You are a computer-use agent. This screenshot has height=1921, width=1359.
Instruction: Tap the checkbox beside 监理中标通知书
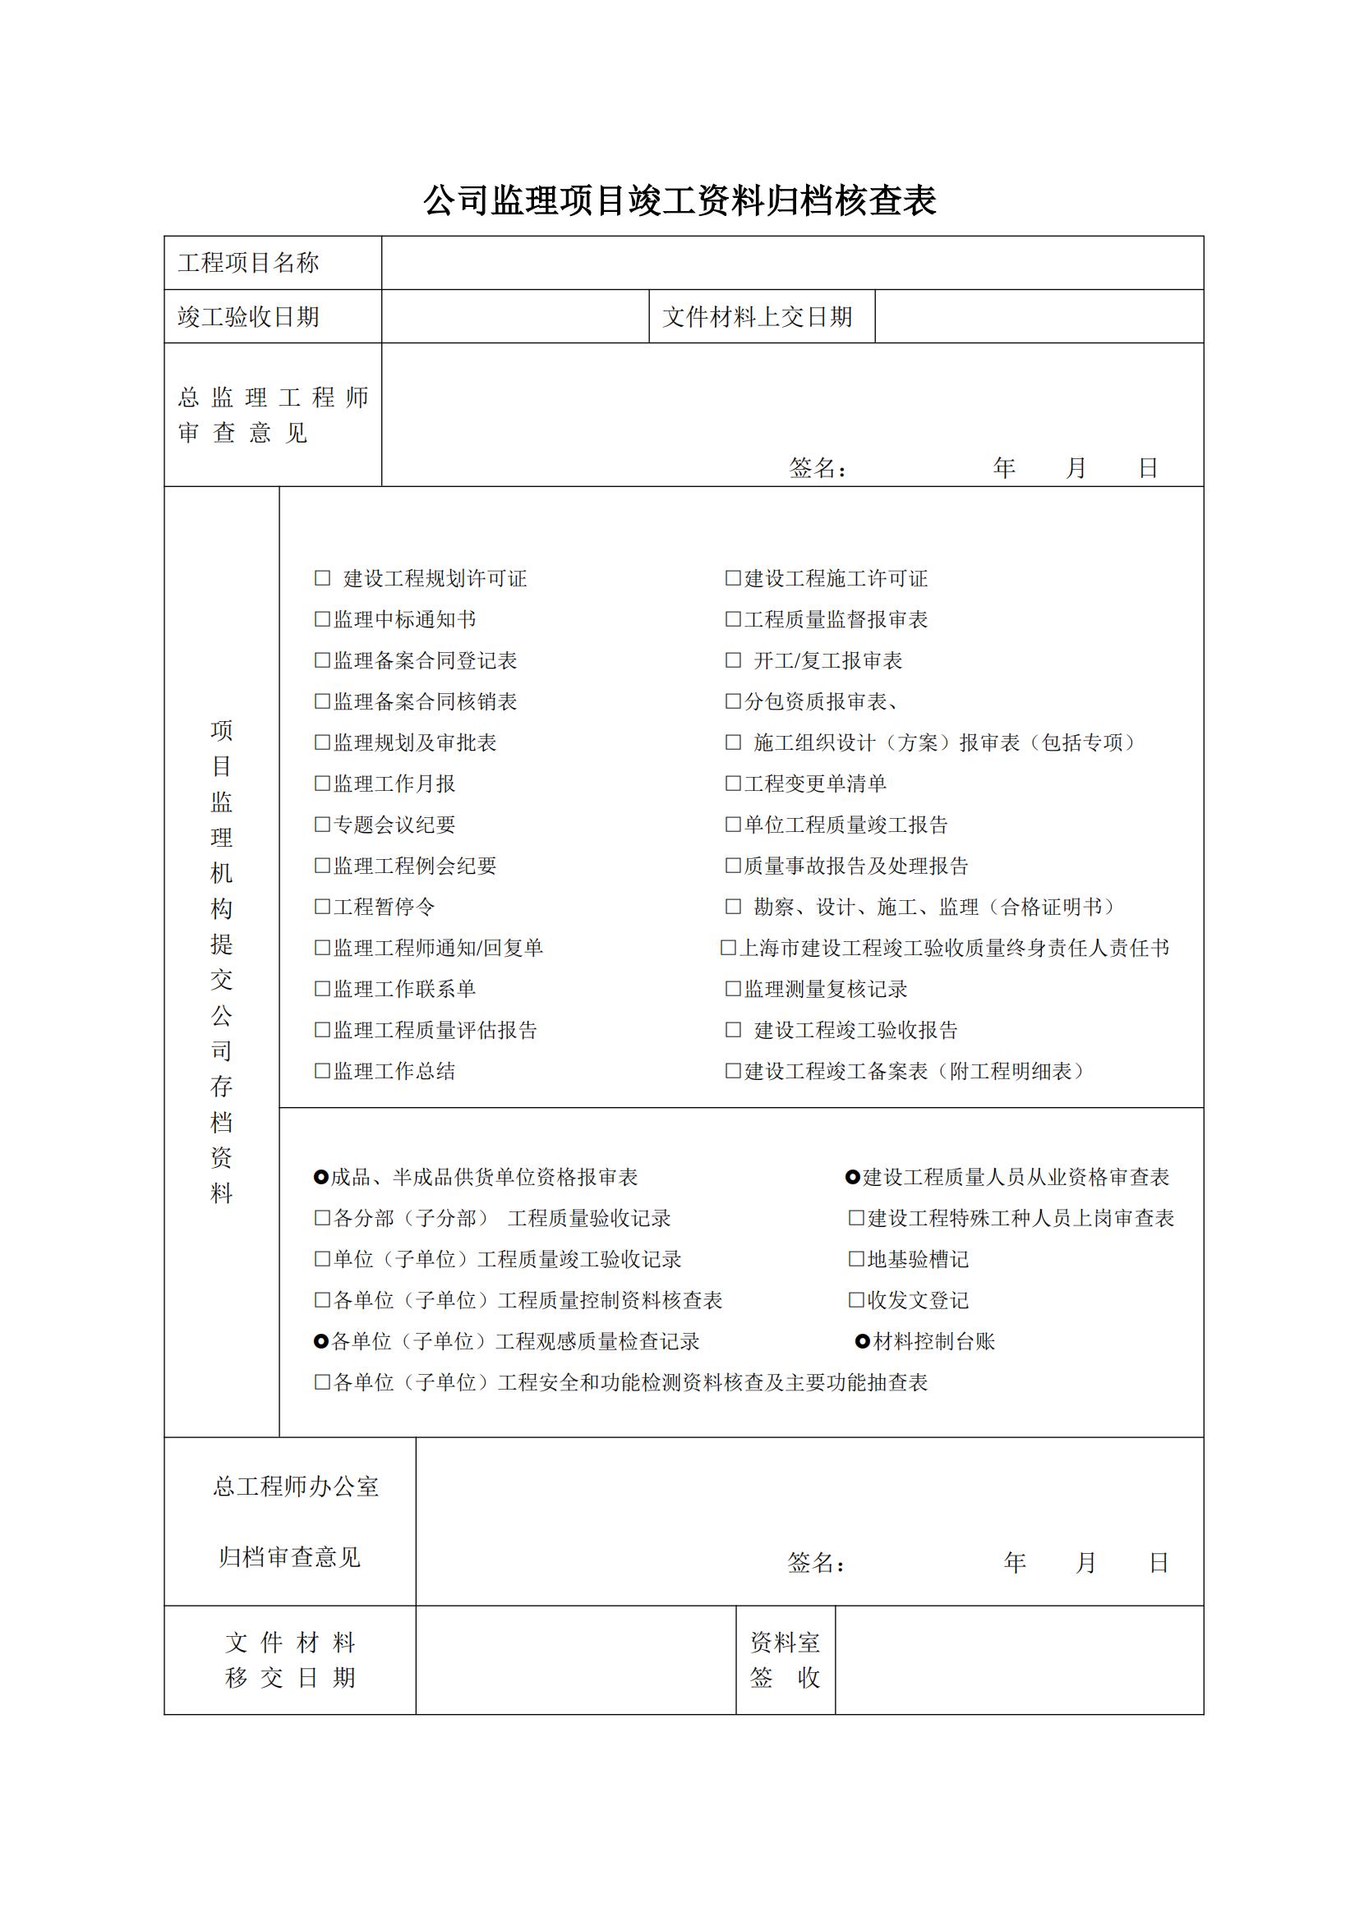(x=322, y=619)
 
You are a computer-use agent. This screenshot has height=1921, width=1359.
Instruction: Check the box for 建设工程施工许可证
(x=733, y=578)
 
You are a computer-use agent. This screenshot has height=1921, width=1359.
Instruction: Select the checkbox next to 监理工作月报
(x=322, y=784)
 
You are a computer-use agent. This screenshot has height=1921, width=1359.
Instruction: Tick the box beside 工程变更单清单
(x=733, y=784)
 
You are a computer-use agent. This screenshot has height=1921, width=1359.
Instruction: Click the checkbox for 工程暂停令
(x=322, y=906)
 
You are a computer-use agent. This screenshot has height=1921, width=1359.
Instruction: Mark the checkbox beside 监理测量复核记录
(x=733, y=989)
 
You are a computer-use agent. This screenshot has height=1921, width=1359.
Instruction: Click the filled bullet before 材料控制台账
(x=862, y=1342)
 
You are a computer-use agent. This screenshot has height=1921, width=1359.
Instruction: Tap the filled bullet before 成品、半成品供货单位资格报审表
(x=320, y=1178)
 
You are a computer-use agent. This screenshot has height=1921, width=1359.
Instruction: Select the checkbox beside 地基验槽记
(x=856, y=1259)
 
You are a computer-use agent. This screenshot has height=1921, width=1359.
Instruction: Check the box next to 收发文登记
(x=856, y=1300)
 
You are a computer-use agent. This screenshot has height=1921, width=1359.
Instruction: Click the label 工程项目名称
(x=248, y=263)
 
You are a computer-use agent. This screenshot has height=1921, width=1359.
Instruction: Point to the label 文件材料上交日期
(x=758, y=317)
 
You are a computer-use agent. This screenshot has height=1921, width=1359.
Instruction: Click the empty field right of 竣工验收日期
(x=514, y=317)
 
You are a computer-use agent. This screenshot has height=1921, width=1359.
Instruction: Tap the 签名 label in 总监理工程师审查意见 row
(x=817, y=468)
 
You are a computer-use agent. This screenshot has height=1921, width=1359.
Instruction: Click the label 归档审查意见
(x=289, y=1557)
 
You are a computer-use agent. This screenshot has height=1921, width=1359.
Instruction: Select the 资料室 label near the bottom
(x=784, y=1643)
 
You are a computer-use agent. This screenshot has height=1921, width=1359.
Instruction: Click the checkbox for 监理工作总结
(x=322, y=1071)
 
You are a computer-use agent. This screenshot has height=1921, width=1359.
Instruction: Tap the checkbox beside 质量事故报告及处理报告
(x=733, y=865)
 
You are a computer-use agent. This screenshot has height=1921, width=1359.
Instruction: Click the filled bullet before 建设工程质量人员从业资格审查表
(x=853, y=1178)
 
